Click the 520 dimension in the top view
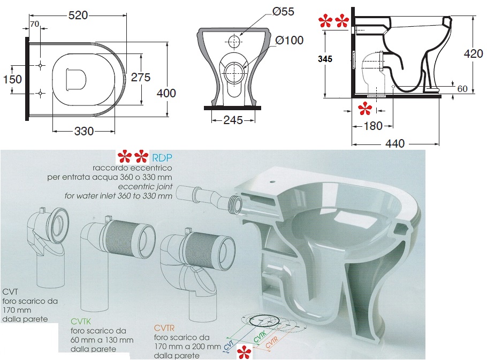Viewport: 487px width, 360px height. [78, 15]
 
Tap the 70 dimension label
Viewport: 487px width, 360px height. [34, 24]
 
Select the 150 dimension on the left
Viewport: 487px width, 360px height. [12, 79]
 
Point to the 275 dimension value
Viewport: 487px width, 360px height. [141, 77]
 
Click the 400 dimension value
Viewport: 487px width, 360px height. [166, 93]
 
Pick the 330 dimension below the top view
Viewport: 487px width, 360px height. [84, 131]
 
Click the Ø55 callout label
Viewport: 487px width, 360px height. [283, 11]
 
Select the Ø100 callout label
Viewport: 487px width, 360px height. [290, 40]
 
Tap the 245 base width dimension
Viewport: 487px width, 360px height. [233, 120]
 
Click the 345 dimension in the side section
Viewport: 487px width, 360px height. [325, 59]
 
